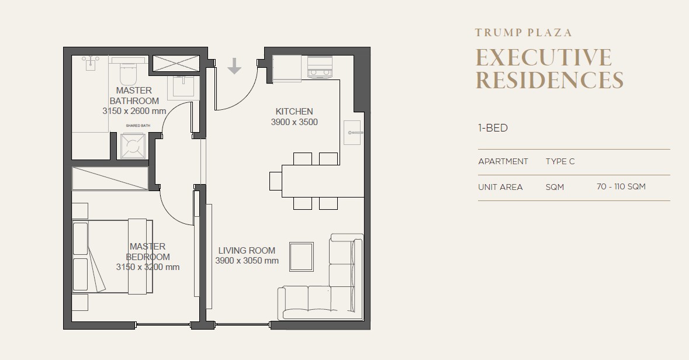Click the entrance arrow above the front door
pos(234,66)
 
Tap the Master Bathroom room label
pos(134,95)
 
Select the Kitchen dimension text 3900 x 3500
pos(294,122)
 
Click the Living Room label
pos(247,250)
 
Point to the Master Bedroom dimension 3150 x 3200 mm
pos(148,267)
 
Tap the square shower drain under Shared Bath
pos(133,146)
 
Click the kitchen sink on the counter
pos(352,132)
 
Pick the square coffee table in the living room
pos(302,257)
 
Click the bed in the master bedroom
pos(112,257)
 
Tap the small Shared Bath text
pos(138,126)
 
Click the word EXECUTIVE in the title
pos(543,58)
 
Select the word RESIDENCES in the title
pos(549,79)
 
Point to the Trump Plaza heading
pos(524,33)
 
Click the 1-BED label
pos(493,128)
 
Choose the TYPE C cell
pos(560,161)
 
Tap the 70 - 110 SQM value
pos(621,186)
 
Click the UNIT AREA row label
pos(500,187)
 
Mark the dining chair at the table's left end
pos(275,181)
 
